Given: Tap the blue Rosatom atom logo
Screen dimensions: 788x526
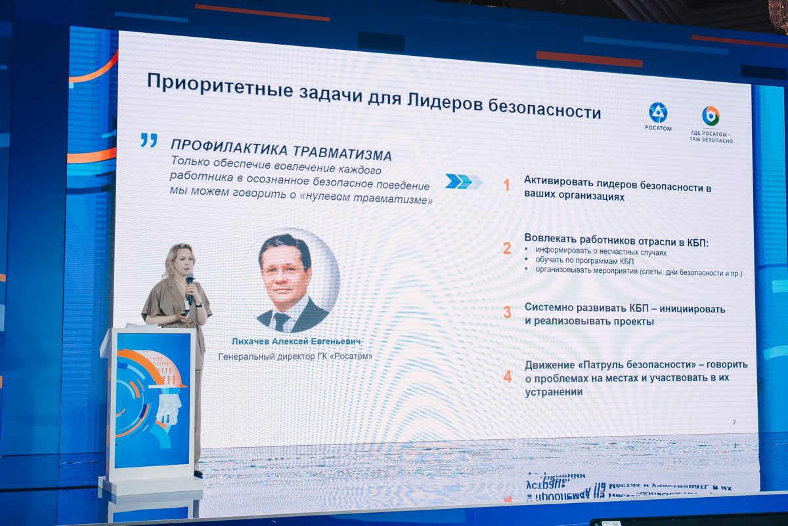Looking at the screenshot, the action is coord(658,112).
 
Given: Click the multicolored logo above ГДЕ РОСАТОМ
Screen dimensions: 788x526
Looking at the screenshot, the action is coord(711,116).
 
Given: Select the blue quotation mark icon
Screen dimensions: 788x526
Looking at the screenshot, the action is coord(149,140).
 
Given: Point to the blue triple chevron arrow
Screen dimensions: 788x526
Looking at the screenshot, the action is coord(464,181).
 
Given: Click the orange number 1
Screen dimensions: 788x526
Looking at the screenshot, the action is coord(506,185).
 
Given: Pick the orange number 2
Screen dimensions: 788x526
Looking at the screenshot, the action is coord(507,249).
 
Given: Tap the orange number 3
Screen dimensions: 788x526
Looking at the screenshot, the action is coord(507,312).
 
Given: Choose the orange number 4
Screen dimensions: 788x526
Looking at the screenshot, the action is coord(508,377).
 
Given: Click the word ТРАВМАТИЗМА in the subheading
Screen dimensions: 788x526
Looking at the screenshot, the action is coord(342,153).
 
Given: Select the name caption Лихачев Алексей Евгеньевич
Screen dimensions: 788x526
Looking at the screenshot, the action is coord(296,341).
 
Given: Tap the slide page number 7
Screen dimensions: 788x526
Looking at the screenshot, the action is coord(734,422).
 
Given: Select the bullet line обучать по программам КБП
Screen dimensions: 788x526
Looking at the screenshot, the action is coord(584,261).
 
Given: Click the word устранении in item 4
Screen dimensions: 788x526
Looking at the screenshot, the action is coord(554,392).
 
